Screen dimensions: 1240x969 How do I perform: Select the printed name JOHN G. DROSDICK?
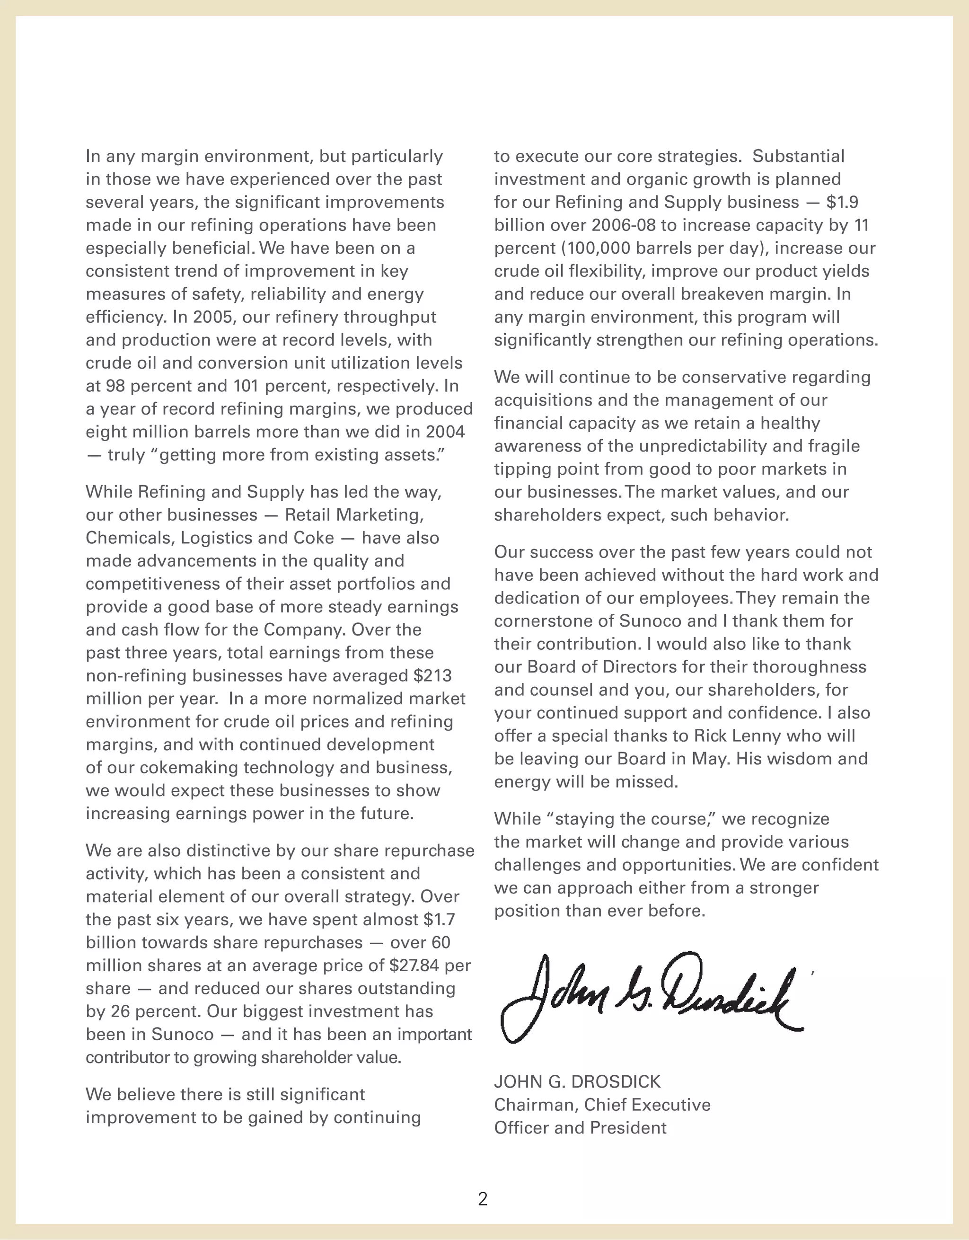(577, 1081)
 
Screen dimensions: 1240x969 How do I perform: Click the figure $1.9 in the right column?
(842, 202)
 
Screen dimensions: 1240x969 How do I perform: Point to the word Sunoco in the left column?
(182, 1034)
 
